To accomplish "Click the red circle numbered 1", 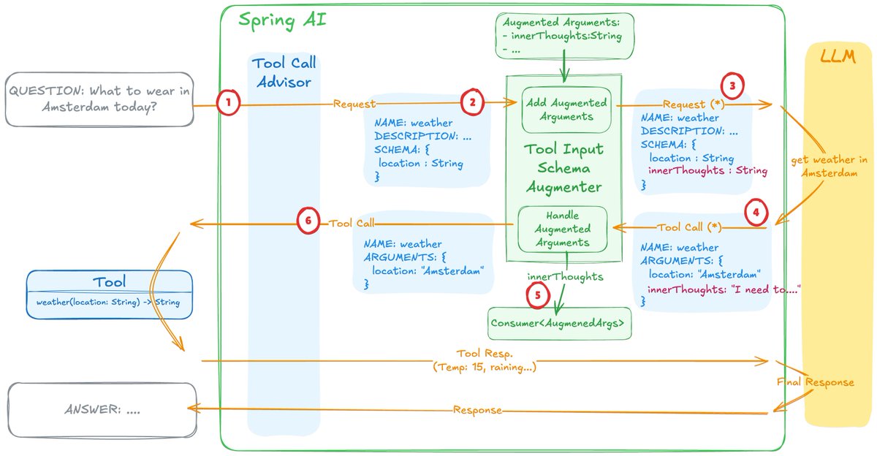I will pyautogui.click(x=229, y=104).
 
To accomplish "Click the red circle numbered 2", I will pyautogui.click(x=473, y=103).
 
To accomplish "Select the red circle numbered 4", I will pyautogui.click(x=756, y=213).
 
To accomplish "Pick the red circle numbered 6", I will pyautogui.click(x=309, y=222).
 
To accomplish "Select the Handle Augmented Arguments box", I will pyautogui.click(x=562, y=229).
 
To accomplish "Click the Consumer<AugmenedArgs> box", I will pyautogui.click(x=559, y=323).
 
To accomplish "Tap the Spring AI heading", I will pyautogui.click(x=282, y=20).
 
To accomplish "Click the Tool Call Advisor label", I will pyautogui.click(x=284, y=72).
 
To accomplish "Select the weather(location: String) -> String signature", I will pyautogui.click(x=109, y=303).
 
